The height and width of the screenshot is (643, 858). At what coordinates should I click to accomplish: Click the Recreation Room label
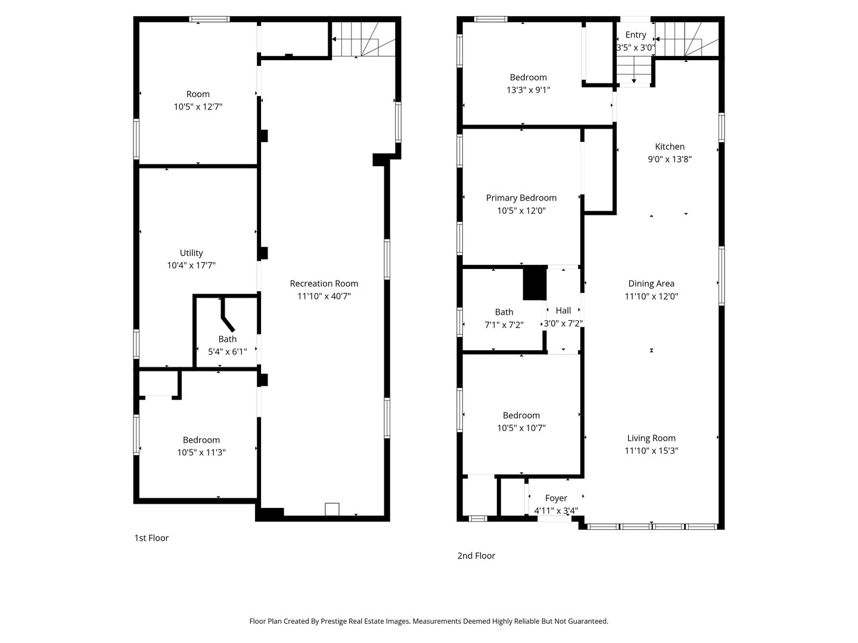[324, 283]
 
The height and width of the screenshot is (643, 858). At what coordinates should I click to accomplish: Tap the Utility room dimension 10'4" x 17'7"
[191, 266]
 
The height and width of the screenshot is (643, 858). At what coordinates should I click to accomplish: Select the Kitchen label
[670, 146]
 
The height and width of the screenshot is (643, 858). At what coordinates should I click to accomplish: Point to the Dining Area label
[651, 283]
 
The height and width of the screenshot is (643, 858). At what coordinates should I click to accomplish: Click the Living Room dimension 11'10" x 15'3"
[651, 451]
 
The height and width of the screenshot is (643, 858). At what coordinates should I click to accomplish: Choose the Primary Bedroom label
[521, 198]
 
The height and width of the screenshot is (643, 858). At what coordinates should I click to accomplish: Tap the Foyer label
[556, 498]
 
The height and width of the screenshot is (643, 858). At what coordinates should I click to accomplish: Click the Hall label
[563, 310]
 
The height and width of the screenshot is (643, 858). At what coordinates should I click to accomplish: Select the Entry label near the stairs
[635, 35]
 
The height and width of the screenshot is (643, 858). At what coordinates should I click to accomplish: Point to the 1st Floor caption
[151, 538]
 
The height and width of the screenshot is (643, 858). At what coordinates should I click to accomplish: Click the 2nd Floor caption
[476, 555]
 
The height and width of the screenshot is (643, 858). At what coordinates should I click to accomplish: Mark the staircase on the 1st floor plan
[363, 39]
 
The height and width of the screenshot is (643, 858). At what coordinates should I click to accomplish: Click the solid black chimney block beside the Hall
[534, 283]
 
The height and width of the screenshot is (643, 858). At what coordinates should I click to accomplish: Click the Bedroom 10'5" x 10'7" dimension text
[521, 428]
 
